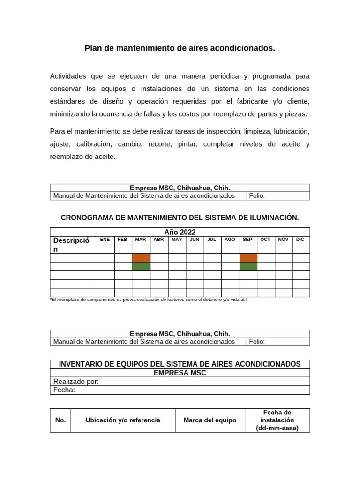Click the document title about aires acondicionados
pos(180,48)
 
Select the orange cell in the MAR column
pos(141,257)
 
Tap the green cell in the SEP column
pos(248,266)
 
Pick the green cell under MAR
pos(141,266)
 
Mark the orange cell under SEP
pos(248,257)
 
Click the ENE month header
pos(105,240)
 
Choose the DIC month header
pos(300,240)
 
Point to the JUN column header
pos(195,240)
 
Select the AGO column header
pos(230,240)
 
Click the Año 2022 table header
pos(180,232)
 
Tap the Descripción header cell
pos(71,245)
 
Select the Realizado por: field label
pos(76,382)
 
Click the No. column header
pos(60,420)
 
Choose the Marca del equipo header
pos(210,420)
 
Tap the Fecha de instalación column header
pos(277,420)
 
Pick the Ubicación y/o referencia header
pos(123,420)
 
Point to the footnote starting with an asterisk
pos(149,300)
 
